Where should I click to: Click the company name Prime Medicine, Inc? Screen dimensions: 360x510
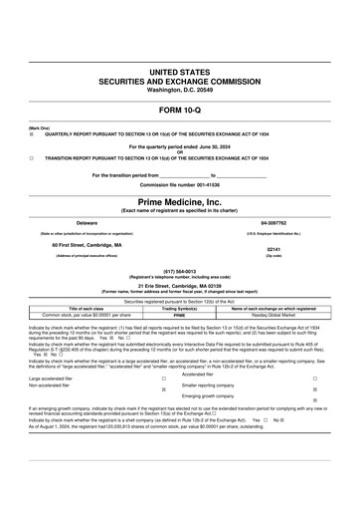[180, 201]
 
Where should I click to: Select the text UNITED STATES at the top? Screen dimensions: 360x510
[180, 74]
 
